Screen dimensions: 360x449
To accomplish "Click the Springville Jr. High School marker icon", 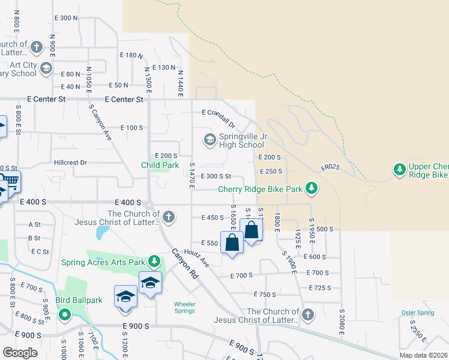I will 209,140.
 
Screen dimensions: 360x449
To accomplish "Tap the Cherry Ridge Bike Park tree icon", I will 311,189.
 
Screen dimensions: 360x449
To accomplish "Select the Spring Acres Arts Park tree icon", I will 155,262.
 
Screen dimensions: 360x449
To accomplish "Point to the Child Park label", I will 160,165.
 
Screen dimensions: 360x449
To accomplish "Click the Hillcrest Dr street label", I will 70,163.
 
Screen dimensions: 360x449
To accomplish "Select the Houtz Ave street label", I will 196,258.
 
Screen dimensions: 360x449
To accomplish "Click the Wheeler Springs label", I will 185,307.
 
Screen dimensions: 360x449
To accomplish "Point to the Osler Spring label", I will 418,313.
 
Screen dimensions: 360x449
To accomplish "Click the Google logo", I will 20,353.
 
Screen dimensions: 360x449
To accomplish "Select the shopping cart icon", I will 10,181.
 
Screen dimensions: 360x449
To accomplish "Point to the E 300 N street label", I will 66,19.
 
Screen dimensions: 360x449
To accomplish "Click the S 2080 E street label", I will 342,322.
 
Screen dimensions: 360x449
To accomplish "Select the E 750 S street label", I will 265,295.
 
